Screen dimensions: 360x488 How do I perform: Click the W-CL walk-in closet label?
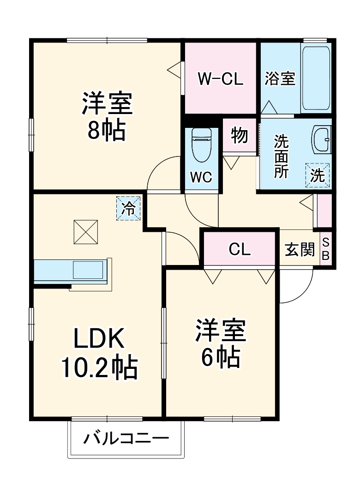(x=221, y=79)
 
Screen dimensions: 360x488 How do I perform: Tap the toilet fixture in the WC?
(x=201, y=145)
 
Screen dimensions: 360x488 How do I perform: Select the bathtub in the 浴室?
(x=316, y=78)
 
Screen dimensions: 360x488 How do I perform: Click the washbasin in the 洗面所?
(x=321, y=139)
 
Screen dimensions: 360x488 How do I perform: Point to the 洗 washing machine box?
(x=317, y=175)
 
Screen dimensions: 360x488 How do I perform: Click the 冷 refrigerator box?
(x=128, y=209)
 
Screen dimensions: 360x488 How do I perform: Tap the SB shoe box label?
(x=325, y=249)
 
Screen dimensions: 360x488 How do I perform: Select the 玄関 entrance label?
(x=300, y=249)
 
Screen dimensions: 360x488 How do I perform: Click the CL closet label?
(x=239, y=249)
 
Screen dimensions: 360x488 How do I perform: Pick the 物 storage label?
(x=239, y=136)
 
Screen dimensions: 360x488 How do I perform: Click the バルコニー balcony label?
(x=126, y=439)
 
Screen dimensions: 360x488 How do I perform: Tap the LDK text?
(x=99, y=338)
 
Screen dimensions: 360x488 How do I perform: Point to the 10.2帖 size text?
(x=99, y=368)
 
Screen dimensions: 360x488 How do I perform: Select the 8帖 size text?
(x=107, y=130)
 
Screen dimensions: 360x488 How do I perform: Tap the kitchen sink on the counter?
(x=88, y=270)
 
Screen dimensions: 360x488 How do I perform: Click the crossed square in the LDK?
(x=85, y=232)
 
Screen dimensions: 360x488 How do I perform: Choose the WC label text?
(x=201, y=177)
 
